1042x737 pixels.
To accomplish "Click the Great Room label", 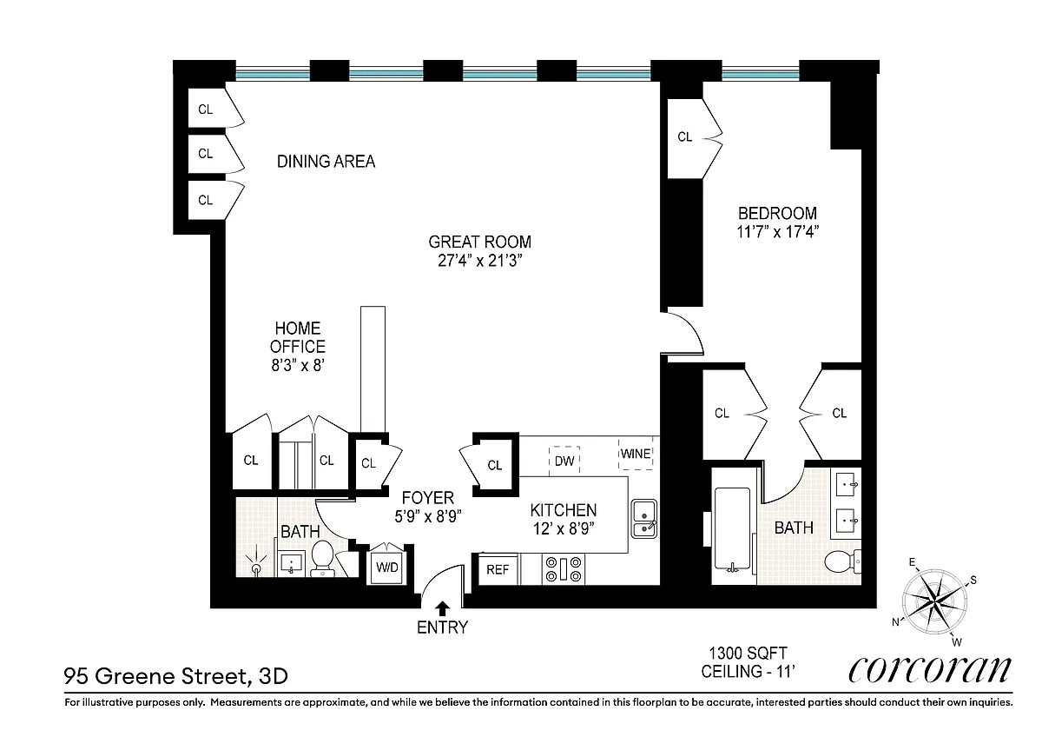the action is (x=479, y=242).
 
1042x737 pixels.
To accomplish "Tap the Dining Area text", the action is (x=326, y=162).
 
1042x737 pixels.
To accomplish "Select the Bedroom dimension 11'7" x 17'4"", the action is (x=777, y=231).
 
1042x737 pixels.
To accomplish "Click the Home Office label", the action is (x=298, y=337).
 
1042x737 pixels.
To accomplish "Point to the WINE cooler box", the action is (x=636, y=454).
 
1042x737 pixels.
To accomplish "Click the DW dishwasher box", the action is (x=564, y=461).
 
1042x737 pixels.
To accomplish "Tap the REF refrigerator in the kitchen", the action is (x=498, y=569).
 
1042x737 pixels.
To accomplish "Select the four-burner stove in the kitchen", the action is (x=564, y=569).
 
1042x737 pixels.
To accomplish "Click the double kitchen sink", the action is (x=644, y=519).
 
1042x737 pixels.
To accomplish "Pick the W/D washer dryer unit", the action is (x=387, y=568).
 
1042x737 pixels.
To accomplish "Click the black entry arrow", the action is (x=443, y=609).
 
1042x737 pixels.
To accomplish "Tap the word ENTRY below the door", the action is (x=442, y=627).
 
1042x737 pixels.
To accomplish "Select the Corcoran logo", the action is (x=930, y=669).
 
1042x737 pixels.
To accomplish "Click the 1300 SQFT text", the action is (x=748, y=654).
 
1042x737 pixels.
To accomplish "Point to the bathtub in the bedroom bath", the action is (x=732, y=529).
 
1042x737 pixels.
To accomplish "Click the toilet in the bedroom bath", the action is (x=842, y=561).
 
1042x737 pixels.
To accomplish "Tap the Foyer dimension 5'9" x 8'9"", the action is (x=428, y=516).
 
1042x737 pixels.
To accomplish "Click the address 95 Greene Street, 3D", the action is (x=175, y=676).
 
